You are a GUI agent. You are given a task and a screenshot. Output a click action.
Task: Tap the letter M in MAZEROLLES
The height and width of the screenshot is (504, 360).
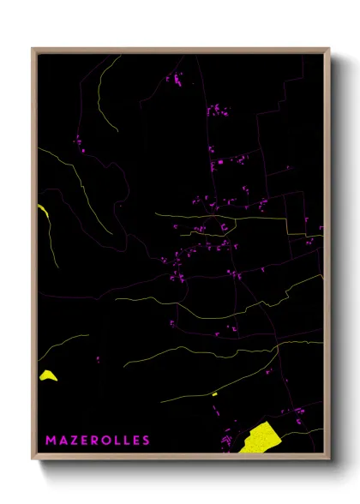pos(51,441)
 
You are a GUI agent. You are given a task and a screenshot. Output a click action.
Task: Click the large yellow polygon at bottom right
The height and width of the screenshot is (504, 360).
pos(259,437)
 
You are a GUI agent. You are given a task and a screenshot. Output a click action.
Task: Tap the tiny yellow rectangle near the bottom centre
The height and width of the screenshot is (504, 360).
pos(214,393)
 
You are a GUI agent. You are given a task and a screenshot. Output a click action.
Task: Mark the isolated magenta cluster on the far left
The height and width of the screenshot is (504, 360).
pos(78,140)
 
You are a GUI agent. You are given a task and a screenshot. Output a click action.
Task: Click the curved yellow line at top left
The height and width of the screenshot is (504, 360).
pos(103,94)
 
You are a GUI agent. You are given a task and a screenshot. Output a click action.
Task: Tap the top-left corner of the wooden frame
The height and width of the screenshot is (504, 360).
pos(33,49)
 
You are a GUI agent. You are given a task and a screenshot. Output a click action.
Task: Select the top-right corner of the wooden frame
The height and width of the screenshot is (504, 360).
pos(328,49)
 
